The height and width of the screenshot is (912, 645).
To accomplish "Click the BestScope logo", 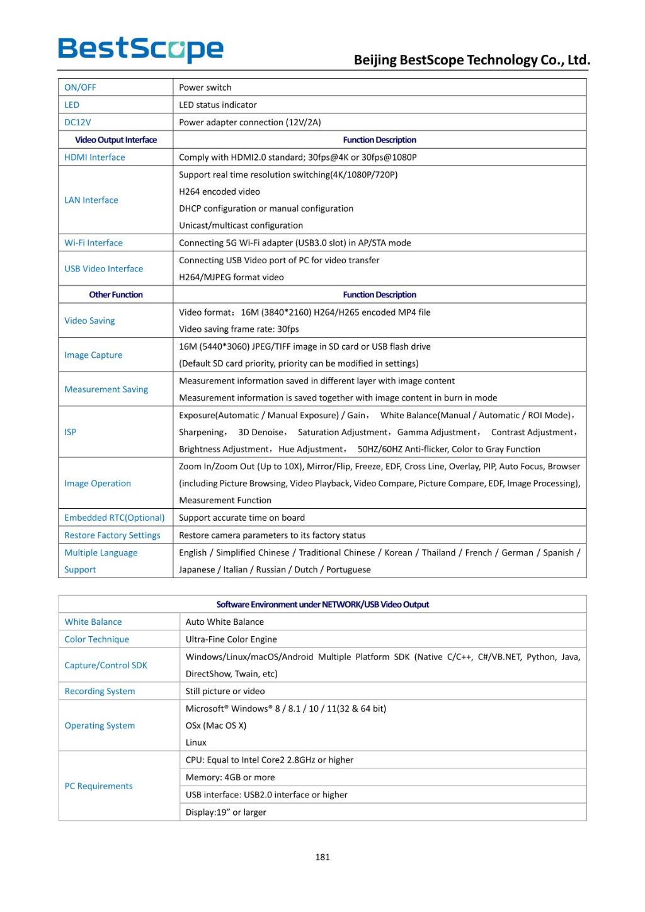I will click(140, 50).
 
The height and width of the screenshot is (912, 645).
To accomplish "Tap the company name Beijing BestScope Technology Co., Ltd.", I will click(472, 60).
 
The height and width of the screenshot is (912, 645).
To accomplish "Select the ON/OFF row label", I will click(80, 88).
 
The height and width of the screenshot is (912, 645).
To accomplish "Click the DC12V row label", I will click(77, 122).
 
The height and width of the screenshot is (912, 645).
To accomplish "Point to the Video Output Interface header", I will click(116, 140).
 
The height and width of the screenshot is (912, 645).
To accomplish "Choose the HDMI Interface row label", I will click(94, 157).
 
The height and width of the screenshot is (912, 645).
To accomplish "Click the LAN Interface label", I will click(91, 200).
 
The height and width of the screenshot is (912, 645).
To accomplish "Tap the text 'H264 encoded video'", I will click(219, 191).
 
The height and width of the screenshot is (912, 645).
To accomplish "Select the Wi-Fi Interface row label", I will click(93, 243).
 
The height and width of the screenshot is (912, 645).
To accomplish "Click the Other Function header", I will click(116, 295).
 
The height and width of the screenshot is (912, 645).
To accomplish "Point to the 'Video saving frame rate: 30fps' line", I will click(239, 329).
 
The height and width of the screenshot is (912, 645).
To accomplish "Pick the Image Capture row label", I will click(93, 355).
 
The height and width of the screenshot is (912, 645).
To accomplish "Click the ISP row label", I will click(70, 432).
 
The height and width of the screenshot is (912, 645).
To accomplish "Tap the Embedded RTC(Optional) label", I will click(114, 518).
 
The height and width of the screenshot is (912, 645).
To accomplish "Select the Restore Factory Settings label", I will click(112, 535).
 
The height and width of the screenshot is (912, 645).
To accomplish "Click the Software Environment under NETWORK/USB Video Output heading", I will click(322, 605).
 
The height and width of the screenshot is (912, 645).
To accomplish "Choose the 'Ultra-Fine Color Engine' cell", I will click(231, 639).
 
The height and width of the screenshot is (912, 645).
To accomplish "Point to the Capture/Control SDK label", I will click(106, 665).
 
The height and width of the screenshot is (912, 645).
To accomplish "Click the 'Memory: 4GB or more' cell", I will click(230, 777).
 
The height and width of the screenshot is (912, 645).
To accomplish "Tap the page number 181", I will click(322, 857).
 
